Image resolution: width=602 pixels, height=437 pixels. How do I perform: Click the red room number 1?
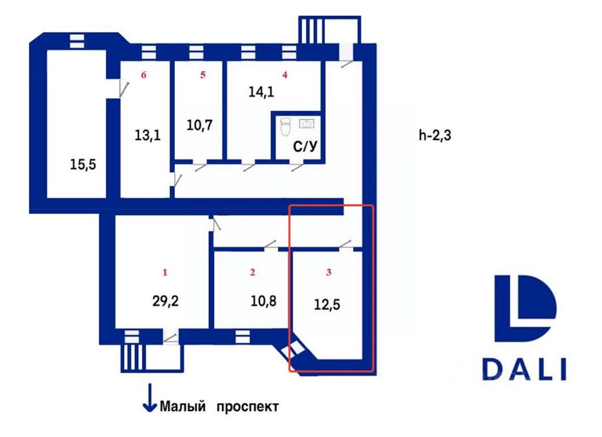tap(165, 272)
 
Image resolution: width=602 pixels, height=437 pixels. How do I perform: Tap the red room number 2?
tap(253, 272)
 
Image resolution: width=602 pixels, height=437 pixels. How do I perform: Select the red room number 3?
tap(329, 272)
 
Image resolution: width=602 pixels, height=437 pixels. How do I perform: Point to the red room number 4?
tap(284, 74)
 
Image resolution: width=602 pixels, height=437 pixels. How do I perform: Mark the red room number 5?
tap(203, 74)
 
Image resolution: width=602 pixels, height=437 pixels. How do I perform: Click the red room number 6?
tap(144, 74)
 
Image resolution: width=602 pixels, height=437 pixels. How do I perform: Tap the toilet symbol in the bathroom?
tap(285, 127)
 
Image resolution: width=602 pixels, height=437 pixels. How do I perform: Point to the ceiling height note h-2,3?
tap(435, 137)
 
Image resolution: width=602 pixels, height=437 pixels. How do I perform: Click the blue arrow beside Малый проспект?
tap(150, 398)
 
